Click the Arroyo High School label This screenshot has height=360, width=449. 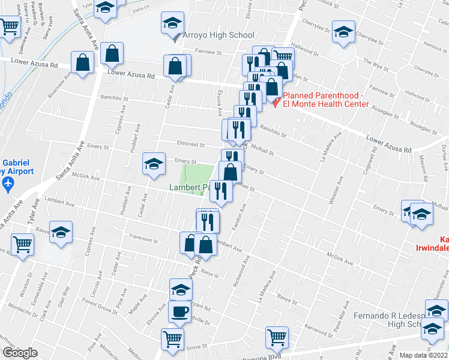click(x=218, y=35)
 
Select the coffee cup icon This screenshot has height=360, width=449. click(x=179, y=312)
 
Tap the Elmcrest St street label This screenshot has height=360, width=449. click(x=191, y=145)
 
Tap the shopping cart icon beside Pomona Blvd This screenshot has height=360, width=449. click(x=277, y=337)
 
